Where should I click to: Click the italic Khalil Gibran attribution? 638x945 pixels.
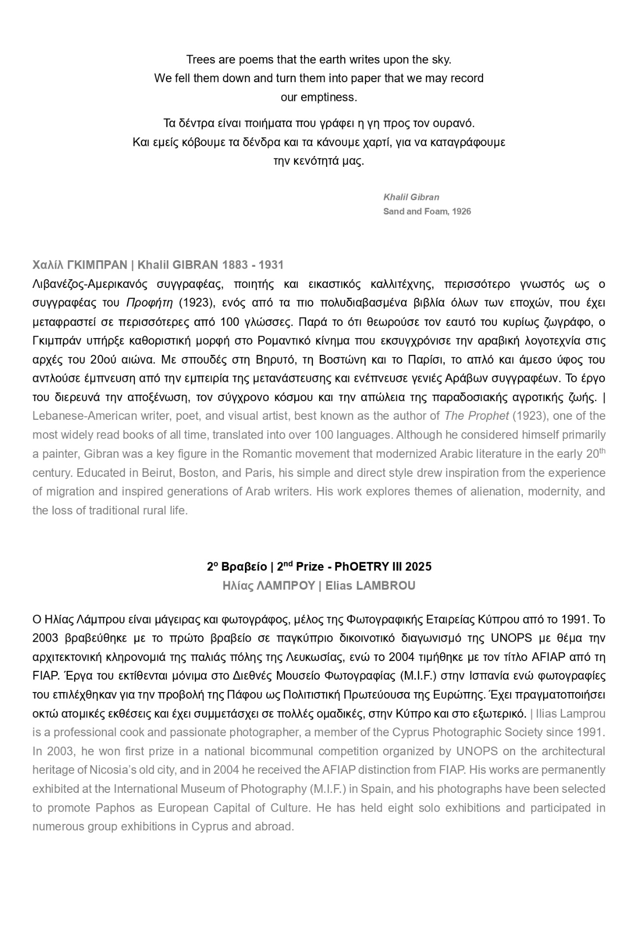(x=411, y=197)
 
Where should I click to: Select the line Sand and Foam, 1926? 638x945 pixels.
(x=426, y=212)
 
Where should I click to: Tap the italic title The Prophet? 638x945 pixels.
(x=476, y=416)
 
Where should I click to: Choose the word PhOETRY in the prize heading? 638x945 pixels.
(x=362, y=567)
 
